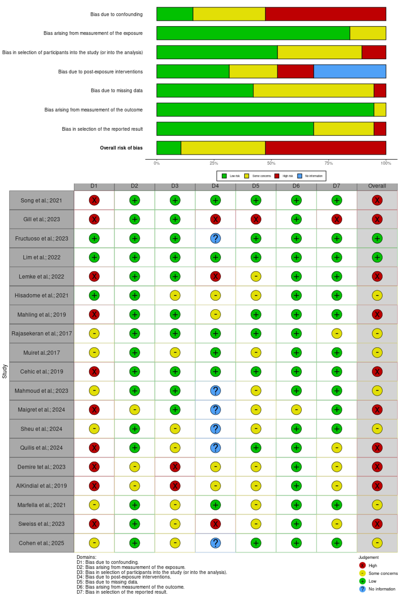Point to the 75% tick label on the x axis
(x=328, y=163)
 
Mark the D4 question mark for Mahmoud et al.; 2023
(x=215, y=391)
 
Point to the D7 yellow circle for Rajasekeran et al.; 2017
(x=336, y=334)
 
